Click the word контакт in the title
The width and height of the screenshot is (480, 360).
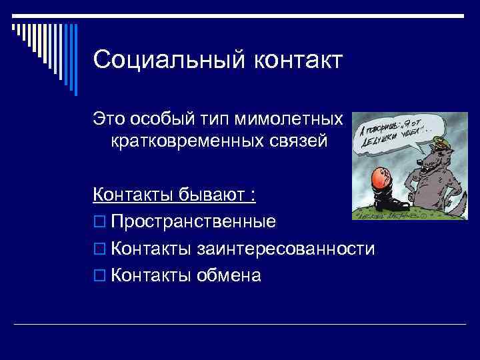(x=297, y=60)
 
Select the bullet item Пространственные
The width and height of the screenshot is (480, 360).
(x=193, y=221)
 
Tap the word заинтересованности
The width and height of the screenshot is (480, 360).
(x=286, y=249)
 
